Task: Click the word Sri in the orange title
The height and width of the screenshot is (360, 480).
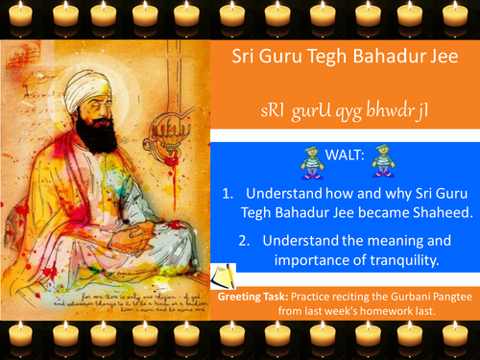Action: coord(246,55)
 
